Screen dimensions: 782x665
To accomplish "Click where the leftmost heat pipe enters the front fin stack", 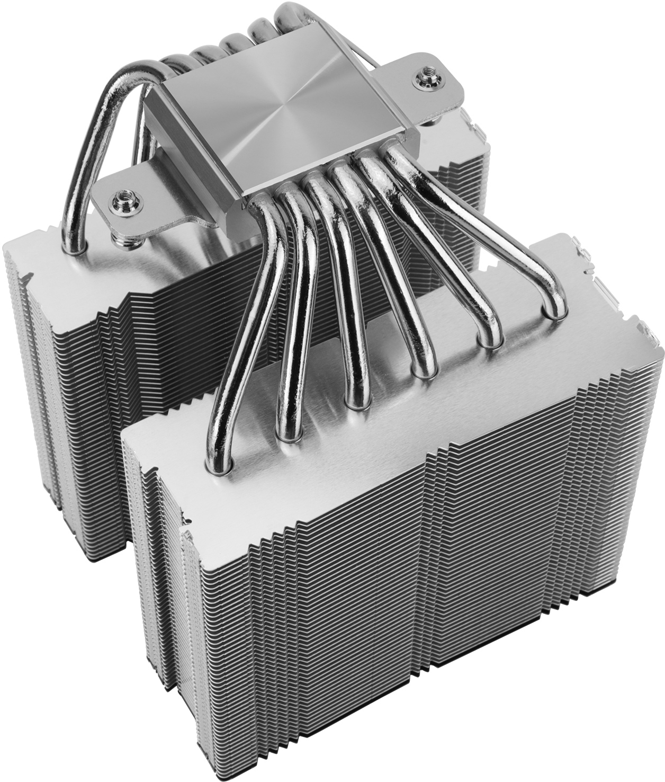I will click(x=217, y=463).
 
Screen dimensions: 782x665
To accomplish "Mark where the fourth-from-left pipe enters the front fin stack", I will click(x=422, y=370).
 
